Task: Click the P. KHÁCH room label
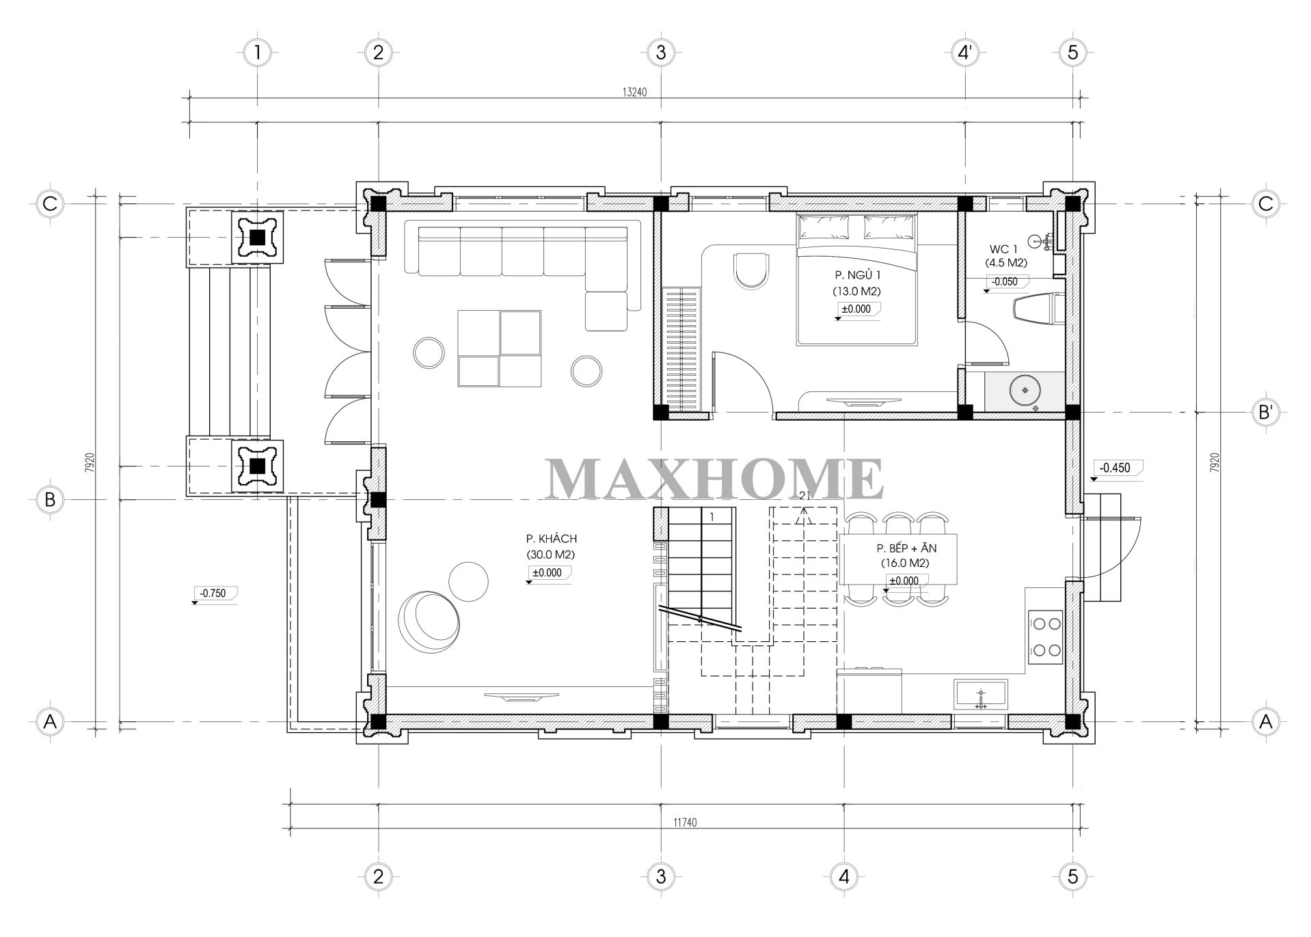[551, 539]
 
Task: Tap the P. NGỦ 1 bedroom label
[856, 275]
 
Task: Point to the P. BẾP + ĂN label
[906, 548]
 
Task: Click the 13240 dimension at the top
[635, 94]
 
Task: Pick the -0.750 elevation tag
[213, 593]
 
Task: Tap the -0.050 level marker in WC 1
[1004, 281]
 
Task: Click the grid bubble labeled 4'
[965, 52]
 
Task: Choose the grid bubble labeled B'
[1265, 412]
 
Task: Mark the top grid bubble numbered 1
[257, 52]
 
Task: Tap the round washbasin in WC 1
[1024, 390]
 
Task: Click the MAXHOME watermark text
[714, 479]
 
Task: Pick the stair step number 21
[804, 497]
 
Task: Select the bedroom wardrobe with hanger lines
[683, 349]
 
